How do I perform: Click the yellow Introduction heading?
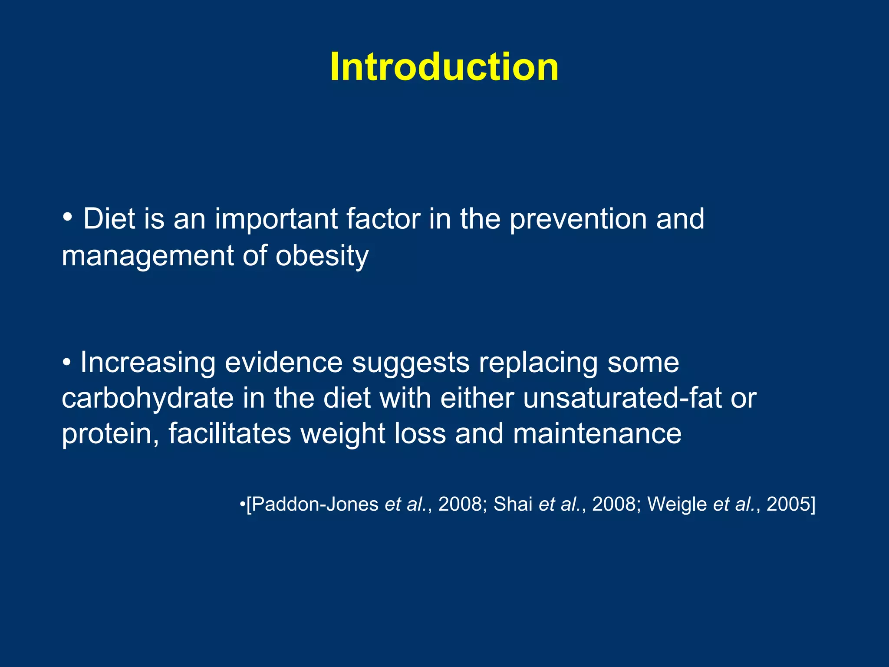(444, 67)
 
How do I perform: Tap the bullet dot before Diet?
(67, 216)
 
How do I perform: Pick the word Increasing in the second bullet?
(148, 362)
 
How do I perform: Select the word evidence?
(284, 362)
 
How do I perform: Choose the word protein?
(110, 434)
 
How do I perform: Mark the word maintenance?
(597, 434)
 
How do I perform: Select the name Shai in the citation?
(513, 504)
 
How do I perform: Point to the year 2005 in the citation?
(788, 504)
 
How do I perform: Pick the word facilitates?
(230, 434)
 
